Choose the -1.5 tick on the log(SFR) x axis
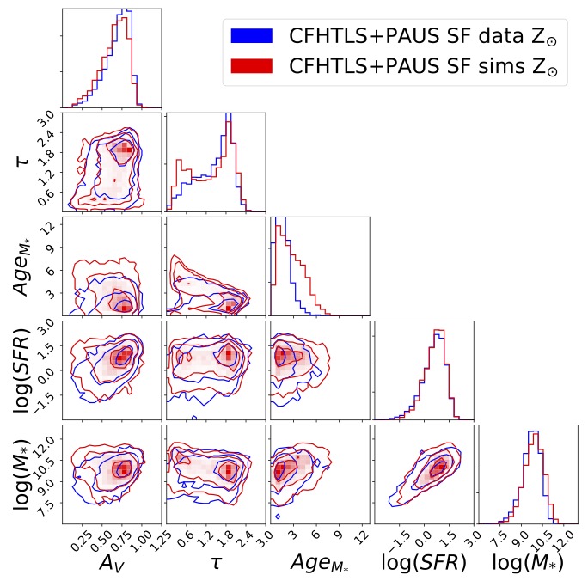pyautogui.click(x=399, y=540)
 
